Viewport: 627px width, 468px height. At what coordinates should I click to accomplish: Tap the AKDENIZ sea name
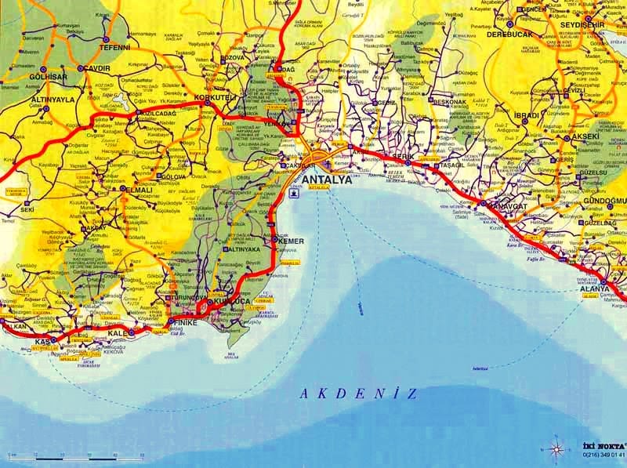click(357, 394)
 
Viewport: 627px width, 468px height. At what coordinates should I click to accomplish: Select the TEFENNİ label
click(114, 47)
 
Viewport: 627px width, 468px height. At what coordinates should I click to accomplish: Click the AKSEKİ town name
click(584, 136)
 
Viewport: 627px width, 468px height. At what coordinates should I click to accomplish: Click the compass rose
click(556, 448)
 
